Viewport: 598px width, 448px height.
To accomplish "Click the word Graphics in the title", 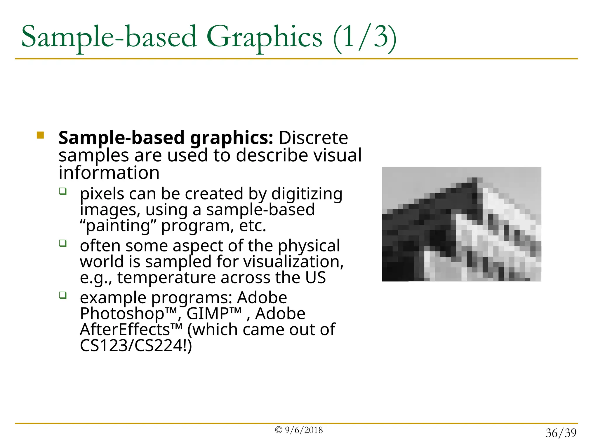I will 264,37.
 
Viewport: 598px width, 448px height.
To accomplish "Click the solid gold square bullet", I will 40,135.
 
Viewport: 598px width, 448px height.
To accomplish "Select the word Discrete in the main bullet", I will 313,138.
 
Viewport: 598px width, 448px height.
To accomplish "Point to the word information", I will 109,173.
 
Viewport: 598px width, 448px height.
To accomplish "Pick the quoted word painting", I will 118,226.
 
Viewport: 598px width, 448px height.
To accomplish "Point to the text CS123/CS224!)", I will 136,346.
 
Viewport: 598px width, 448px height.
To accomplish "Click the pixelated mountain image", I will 461,224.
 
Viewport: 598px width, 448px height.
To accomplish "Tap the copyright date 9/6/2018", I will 303,430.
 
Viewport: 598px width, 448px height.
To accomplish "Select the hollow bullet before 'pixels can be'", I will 63,191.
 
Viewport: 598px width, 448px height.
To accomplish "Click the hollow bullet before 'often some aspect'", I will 63,243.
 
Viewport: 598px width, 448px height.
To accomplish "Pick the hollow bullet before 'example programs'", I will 63,295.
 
